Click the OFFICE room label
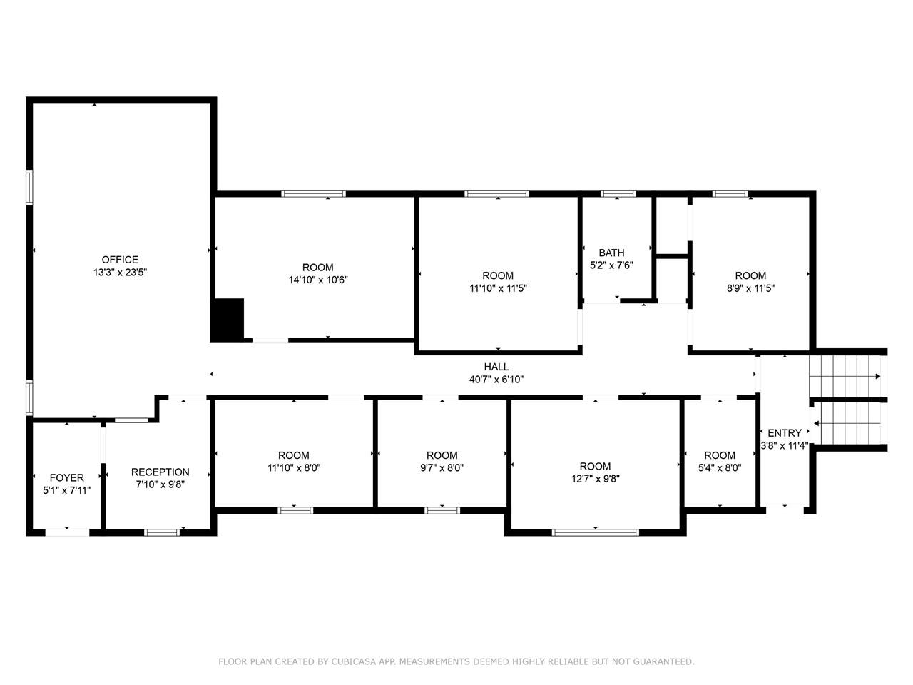click(120, 260)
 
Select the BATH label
click(611, 253)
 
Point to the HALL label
click(496, 367)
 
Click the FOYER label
click(66, 477)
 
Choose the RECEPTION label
click(160, 472)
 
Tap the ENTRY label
click(784, 432)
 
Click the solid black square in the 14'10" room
click(228, 320)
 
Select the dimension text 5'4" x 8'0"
click(720, 468)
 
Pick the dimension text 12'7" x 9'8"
click(596, 479)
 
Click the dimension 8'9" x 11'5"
click(750, 288)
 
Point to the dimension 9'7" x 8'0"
click(442, 468)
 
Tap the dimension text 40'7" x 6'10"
click(496, 380)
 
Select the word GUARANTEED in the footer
click(660, 662)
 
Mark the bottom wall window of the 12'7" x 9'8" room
click(596, 532)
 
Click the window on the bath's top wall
click(618, 193)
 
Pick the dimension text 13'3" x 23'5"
click(120, 273)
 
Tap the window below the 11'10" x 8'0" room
click(295, 509)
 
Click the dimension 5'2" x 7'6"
click(611, 265)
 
